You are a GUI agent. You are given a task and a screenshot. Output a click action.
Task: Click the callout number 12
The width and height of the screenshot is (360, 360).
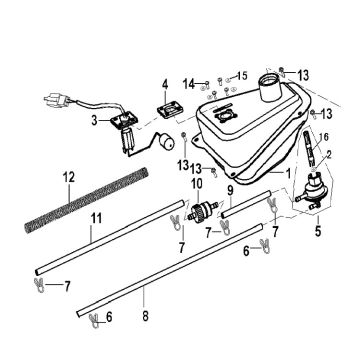tap(68, 178)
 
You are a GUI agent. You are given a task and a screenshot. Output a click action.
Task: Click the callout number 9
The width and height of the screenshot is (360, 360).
tap(230, 190)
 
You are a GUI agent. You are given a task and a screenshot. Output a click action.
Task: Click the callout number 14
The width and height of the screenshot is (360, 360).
tap(188, 81)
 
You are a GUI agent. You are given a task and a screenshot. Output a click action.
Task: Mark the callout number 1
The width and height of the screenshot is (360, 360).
tap(290, 173)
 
